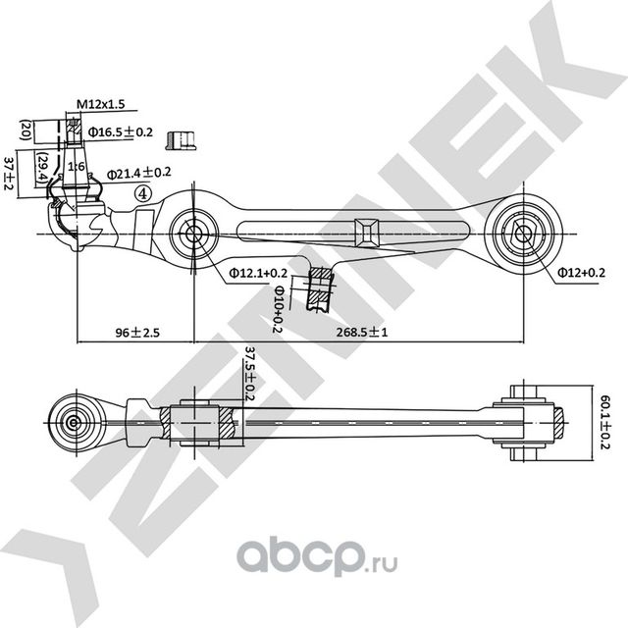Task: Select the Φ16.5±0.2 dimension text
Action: click(120, 131)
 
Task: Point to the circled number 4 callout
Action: click(145, 193)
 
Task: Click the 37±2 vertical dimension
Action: click(10, 171)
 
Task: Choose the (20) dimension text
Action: click(26, 131)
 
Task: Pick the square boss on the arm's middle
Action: click(366, 231)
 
